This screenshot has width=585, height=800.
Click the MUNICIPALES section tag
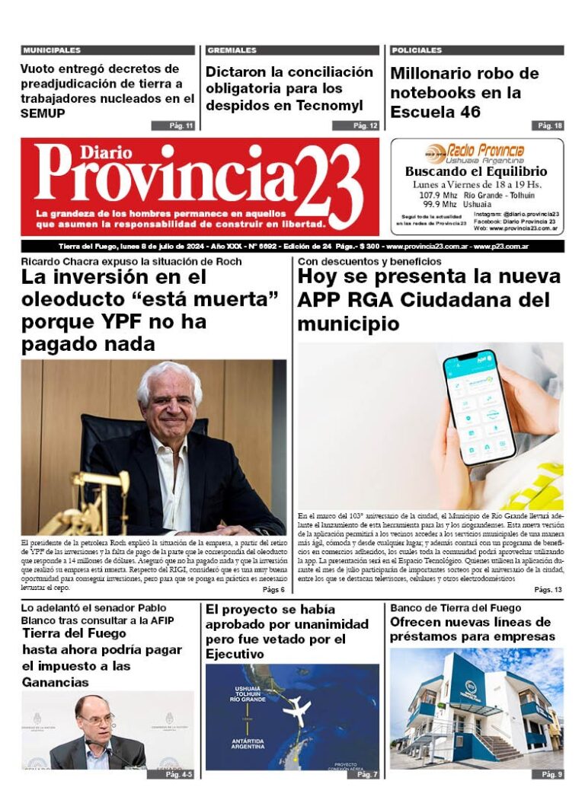coord(52,50)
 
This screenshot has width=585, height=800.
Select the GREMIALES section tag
coord(232,50)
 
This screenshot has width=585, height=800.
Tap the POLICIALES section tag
coord(417,50)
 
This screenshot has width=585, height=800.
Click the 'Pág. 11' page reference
coord(173,126)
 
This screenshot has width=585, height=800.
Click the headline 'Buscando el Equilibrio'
coord(476,172)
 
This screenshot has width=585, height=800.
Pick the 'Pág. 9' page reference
coord(551,774)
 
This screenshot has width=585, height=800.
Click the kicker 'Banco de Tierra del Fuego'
coord(456,608)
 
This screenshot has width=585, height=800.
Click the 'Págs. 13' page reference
coord(548,590)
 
